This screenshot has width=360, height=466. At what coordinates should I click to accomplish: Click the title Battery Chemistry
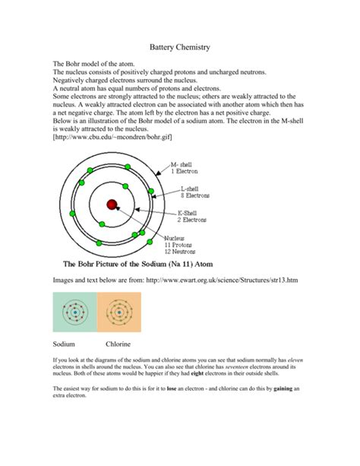(180, 48)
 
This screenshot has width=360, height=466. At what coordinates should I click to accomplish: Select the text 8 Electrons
(196, 196)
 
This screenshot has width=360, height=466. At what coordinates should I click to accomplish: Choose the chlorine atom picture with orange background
(119, 312)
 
